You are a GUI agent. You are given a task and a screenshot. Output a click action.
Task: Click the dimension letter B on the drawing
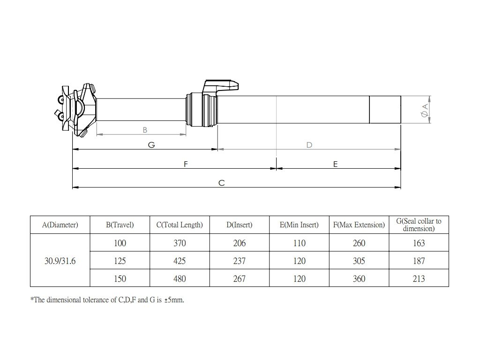pyautogui.click(x=145, y=129)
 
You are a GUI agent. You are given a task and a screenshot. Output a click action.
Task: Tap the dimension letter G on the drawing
pyautogui.click(x=151, y=145)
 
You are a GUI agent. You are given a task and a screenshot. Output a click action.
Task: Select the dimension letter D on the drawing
pyautogui.click(x=309, y=145)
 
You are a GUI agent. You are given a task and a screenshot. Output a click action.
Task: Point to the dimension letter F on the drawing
pyautogui.click(x=186, y=164)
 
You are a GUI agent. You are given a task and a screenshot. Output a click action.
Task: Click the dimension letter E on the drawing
pyautogui.click(x=336, y=164)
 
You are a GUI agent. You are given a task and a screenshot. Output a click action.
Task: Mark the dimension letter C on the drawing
pyautogui.click(x=222, y=183)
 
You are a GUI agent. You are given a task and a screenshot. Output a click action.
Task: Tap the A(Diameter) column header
pyautogui.click(x=60, y=225)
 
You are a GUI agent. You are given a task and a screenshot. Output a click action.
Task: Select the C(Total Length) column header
pyautogui.click(x=180, y=225)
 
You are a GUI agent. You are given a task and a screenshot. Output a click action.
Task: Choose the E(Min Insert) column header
pyautogui.click(x=299, y=225)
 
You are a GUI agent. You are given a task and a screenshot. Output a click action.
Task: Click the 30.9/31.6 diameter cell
pyautogui.click(x=60, y=261)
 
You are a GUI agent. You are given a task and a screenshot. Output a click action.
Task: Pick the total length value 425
pyautogui.click(x=180, y=261)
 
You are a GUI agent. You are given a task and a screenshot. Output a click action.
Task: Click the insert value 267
pyautogui.click(x=239, y=279)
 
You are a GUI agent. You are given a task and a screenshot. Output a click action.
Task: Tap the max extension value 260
pyautogui.click(x=359, y=243)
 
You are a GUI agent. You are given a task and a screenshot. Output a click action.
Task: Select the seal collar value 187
pyautogui.click(x=419, y=261)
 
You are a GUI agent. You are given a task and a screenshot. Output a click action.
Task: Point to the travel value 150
pyautogui.click(x=120, y=279)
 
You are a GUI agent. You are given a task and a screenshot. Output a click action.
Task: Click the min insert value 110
pyautogui.click(x=299, y=243)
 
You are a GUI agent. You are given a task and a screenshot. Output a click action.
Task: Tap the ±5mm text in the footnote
pyautogui.click(x=175, y=300)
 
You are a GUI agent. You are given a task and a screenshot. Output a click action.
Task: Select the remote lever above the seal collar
pyautogui.click(x=220, y=87)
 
